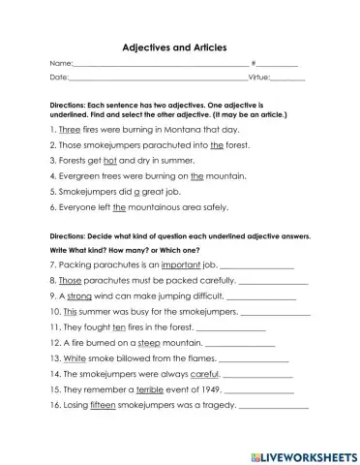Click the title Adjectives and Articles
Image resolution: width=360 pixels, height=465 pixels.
pyautogui.click(x=180, y=46)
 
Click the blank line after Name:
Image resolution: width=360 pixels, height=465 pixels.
pyautogui.click(x=156, y=64)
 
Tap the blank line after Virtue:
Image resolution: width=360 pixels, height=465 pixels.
pyautogui.click(x=289, y=77)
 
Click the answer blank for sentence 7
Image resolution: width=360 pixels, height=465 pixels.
pyautogui.click(x=256, y=264)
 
